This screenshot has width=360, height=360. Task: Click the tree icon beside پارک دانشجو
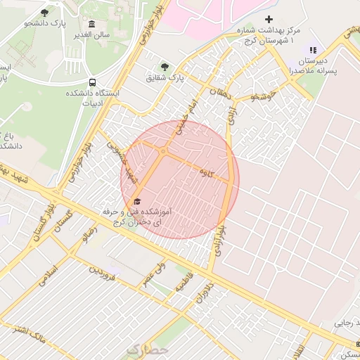[45, 13]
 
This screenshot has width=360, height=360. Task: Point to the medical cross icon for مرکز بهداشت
[268, 19]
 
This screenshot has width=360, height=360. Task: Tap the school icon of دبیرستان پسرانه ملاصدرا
[313, 50]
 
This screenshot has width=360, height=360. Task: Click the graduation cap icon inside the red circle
[136, 202]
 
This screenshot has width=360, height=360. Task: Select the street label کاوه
[205, 172]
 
